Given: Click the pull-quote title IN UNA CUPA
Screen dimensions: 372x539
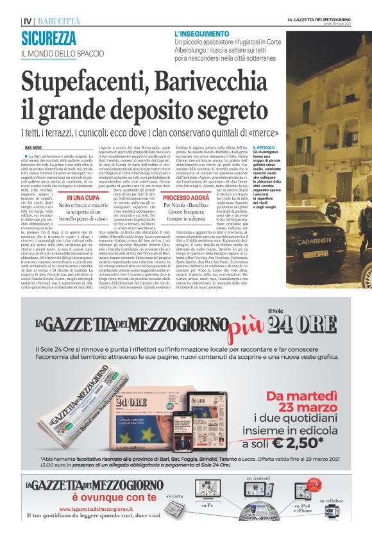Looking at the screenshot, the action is (x=83, y=198).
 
